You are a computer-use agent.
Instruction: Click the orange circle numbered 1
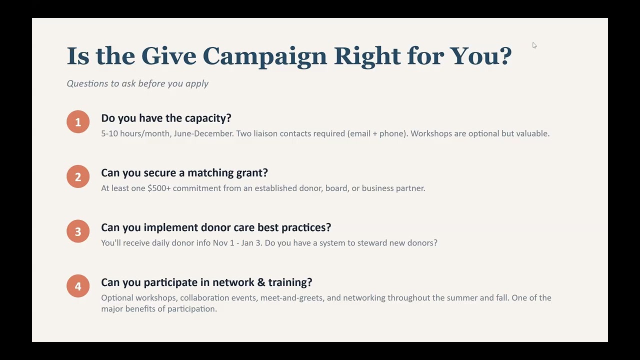pyautogui.click(x=78, y=122)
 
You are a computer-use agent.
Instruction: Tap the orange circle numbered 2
pyautogui.click(x=78, y=176)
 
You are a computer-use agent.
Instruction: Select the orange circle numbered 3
pyautogui.click(x=78, y=231)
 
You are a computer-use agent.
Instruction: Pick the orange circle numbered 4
pyautogui.click(x=78, y=286)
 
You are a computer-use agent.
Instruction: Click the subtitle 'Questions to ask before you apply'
pyautogui.click(x=137, y=83)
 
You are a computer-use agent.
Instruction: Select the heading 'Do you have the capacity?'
pyautogui.click(x=166, y=118)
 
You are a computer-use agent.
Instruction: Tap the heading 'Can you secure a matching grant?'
pyautogui.click(x=184, y=172)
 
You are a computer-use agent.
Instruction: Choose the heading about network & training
pyautogui.click(x=206, y=282)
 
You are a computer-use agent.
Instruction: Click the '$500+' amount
pyautogui.click(x=159, y=188)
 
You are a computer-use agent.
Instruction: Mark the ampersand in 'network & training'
pyautogui.click(x=260, y=282)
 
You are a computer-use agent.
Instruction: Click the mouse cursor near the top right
pyautogui.click(x=534, y=45)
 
